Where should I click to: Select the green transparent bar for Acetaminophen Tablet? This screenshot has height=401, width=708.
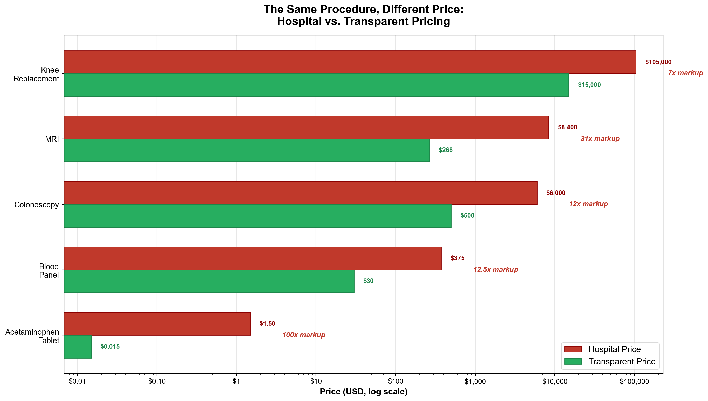pos(78,347)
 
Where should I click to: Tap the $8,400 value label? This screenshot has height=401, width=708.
pos(567,127)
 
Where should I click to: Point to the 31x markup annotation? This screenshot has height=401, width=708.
pos(600,139)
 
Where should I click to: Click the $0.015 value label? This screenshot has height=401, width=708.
pos(110,347)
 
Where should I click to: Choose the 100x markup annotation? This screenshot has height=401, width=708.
pos(303,335)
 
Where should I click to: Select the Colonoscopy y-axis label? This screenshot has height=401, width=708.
pos(36,205)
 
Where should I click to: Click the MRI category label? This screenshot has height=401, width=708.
pos(52,139)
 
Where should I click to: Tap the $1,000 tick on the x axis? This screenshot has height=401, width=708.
pos(475,381)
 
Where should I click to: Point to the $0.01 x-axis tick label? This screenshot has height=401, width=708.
pos(77,381)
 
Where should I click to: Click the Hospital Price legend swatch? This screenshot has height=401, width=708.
pos(573,349)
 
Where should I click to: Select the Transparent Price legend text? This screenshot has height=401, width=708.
pos(622,361)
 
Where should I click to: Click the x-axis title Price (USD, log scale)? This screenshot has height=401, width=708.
pos(363,392)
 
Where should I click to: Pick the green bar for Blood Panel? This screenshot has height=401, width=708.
pos(209,281)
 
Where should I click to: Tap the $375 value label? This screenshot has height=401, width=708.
pos(457,258)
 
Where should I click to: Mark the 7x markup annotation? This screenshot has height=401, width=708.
pos(685,73)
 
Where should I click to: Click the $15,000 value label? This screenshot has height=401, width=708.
pos(589,85)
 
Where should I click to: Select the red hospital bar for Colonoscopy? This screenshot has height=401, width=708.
pos(300,193)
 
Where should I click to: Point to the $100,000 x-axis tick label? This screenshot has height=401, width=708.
pos(634,381)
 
